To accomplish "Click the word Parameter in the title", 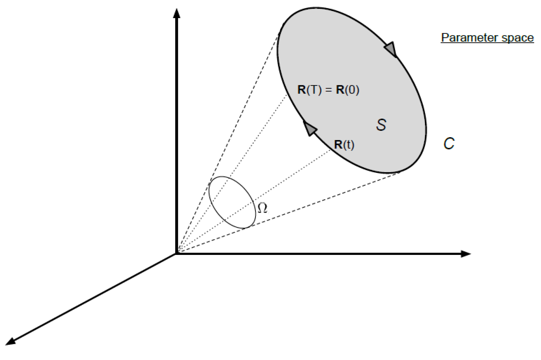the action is point(464,38).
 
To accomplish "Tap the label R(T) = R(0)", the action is point(328,89).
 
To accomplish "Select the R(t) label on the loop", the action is point(344,144).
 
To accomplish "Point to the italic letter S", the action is point(381,125).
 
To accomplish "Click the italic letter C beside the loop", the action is point(449,144).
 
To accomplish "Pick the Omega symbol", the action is point(262,208).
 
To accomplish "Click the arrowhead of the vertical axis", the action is point(177,13).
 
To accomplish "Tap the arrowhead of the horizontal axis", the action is point(466,254).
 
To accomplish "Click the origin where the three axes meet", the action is point(176,254).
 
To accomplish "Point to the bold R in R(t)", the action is point(338,144).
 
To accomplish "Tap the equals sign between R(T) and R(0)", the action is point(329,90).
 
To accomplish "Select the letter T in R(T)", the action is point(314,89).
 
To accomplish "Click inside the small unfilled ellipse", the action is point(232,202).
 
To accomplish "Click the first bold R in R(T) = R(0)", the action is point(302,89).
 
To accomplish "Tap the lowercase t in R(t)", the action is point(348,145).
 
